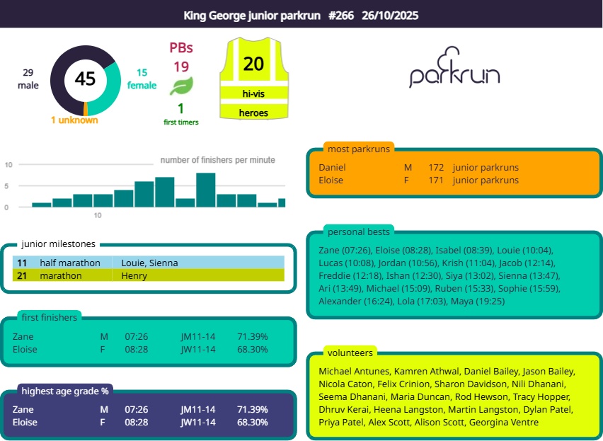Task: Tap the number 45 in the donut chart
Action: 85,79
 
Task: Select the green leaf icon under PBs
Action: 181,87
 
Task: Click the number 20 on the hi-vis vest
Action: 253,64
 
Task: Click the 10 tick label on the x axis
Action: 98,215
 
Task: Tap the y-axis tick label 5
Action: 8,186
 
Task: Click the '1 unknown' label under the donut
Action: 74,120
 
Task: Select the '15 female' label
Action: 142,79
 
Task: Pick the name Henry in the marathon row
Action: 134,276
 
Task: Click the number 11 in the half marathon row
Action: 22,263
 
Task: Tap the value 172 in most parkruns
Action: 436,168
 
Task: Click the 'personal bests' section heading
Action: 359,232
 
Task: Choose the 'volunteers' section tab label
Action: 350,353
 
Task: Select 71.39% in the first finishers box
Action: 253,336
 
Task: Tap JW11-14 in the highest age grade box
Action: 198,422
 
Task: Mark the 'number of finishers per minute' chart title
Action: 217,160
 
